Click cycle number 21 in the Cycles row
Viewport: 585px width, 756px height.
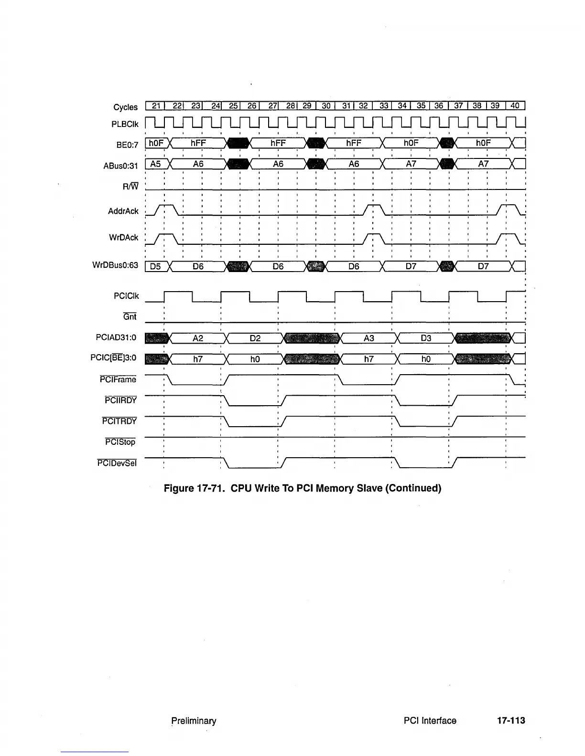pyautogui.click(x=155, y=106)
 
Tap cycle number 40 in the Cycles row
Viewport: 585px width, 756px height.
pyautogui.click(x=515, y=106)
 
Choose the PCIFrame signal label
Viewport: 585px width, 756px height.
pyautogui.click(x=118, y=380)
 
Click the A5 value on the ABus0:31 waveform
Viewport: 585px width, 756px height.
pyautogui.click(x=155, y=164)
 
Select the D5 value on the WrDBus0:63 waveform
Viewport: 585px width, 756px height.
pyautogui.click(x=155, y=267)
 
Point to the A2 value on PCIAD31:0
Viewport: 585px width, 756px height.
pyautogui.click(x=198, y=338)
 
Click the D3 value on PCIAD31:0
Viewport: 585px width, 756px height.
pyautogui.click(x=426, y=338)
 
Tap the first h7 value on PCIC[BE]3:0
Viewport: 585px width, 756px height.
pyautogui.click(x=198, y=359)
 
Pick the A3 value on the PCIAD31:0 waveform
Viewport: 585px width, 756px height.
pyautogui.click(x=368, y=338)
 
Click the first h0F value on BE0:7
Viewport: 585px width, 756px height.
pyautogui.click(x=156, y=143)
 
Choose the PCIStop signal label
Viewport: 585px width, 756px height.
pyautogui.click(x=120, y=442)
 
